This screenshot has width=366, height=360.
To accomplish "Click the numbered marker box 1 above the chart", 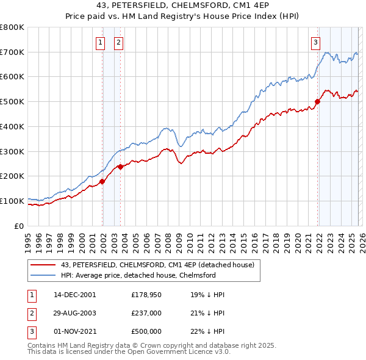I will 100,43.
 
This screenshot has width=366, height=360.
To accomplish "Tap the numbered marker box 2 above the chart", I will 118,43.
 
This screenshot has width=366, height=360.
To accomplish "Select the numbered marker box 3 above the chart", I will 315,43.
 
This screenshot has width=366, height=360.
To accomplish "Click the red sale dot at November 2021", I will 318,101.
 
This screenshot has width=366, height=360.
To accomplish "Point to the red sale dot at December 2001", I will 102,181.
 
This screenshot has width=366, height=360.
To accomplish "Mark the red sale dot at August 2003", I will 121,166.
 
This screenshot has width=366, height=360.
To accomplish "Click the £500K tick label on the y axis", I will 12,101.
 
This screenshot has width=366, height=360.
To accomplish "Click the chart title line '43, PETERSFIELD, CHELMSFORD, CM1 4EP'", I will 183,6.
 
